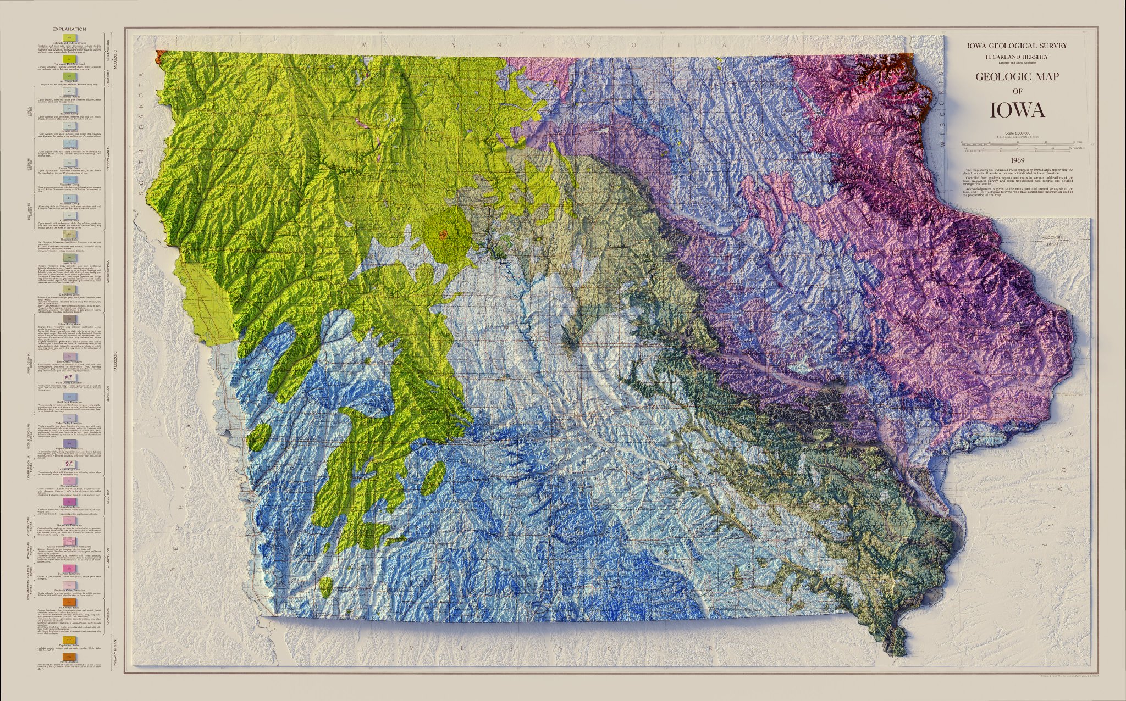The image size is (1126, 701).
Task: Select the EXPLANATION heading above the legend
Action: pos(69,29)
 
